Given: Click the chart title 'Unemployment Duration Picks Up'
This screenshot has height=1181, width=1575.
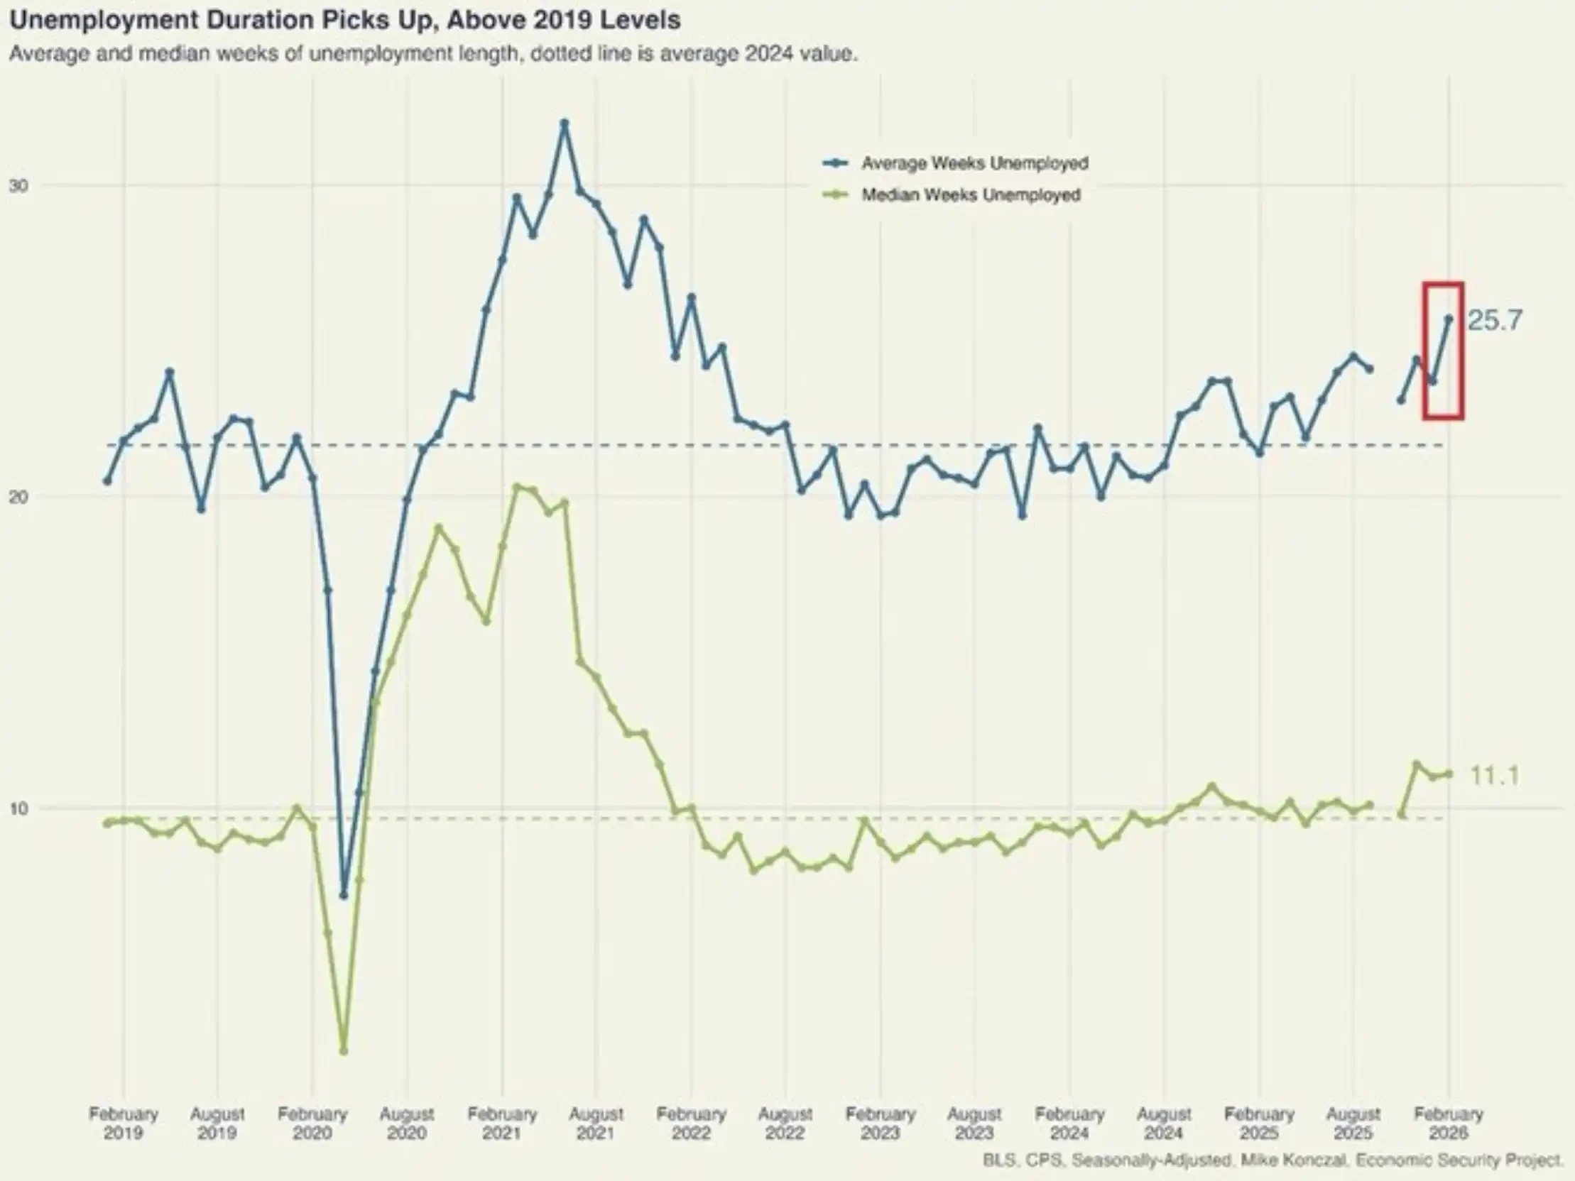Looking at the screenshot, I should [344, 20].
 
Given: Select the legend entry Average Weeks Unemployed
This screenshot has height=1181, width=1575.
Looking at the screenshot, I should [974, 163].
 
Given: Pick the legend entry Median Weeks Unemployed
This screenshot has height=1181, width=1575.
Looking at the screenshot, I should [971, 194].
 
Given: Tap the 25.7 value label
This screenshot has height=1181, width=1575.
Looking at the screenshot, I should [1495, 320].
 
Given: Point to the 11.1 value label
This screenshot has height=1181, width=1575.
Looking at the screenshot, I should [1494, 775].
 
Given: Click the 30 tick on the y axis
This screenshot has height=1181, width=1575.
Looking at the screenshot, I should [18, 186].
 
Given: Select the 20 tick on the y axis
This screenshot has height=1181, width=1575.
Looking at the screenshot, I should [18, 497].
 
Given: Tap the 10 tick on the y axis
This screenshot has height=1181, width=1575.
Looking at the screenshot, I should [18, 808].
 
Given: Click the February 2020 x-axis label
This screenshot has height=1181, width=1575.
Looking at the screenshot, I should [312, 1123].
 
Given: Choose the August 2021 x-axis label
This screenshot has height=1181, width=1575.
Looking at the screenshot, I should [596, 1123].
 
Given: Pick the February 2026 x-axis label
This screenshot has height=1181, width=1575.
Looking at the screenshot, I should [1449, 1123].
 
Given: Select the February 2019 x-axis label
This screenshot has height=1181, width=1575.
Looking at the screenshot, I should [123, 1123].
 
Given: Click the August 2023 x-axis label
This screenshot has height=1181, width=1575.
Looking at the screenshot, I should [974, 1123].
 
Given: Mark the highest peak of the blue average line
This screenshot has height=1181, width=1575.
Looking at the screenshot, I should [565, 123].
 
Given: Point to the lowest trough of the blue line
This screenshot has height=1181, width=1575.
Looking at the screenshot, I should [344, 895].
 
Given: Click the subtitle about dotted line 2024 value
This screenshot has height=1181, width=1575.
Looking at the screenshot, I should [433, 54].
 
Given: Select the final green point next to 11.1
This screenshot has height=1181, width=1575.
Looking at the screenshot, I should [1449, 774].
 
